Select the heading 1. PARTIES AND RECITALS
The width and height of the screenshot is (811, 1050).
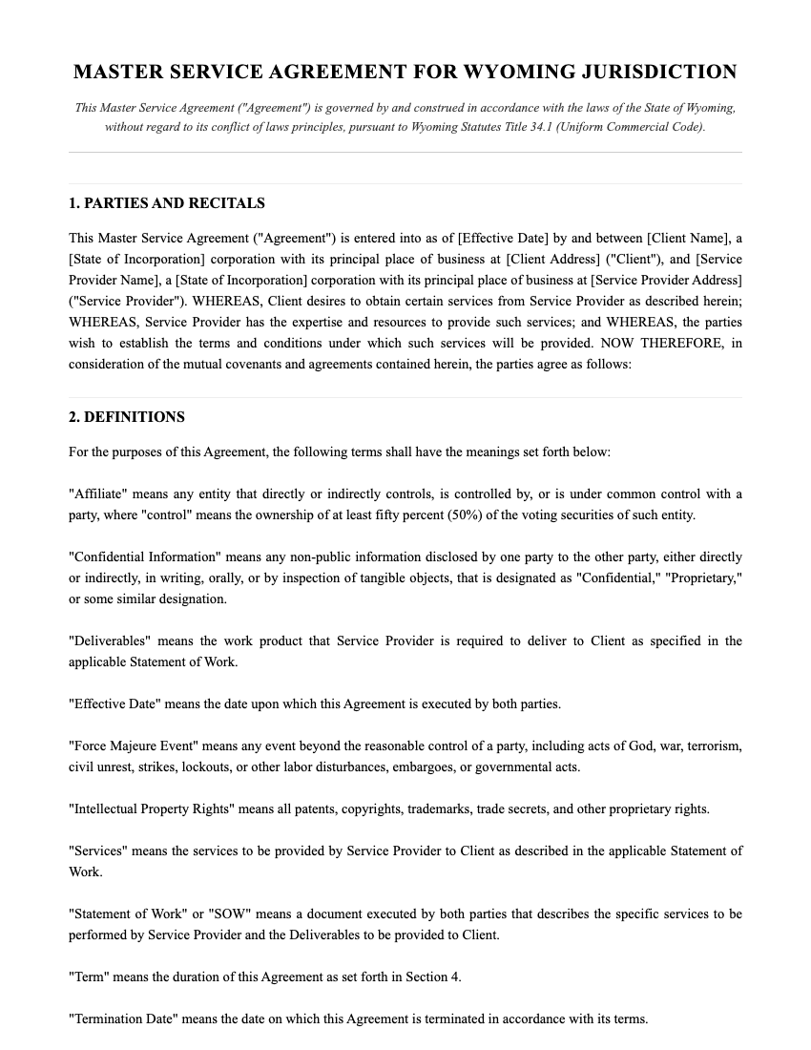167,203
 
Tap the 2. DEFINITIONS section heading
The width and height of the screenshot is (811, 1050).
127,417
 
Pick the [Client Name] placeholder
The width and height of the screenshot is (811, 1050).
689,239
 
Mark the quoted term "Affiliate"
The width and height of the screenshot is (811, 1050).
98,494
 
